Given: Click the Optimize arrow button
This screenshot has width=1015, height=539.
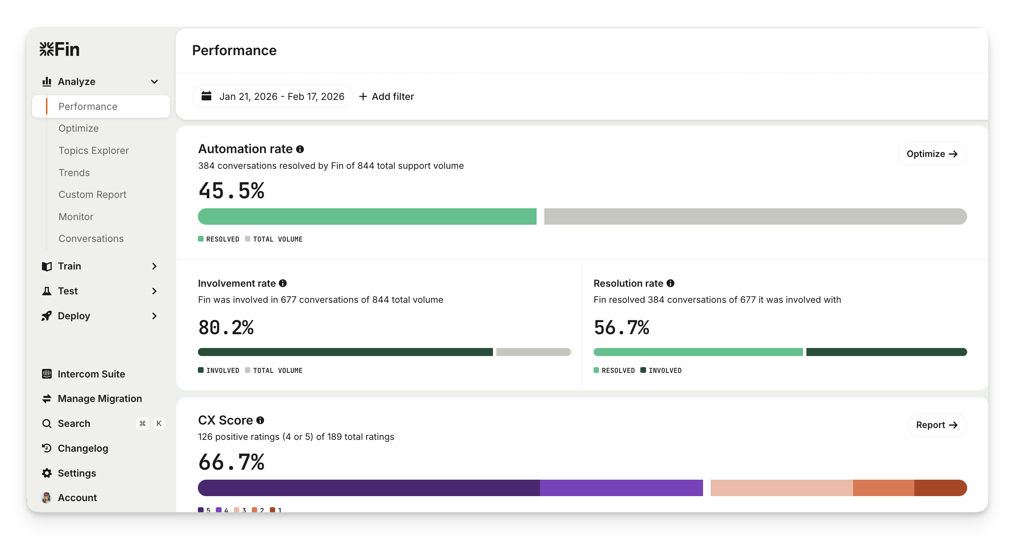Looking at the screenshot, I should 932,154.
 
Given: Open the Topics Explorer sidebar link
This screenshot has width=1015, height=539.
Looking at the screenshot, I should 93,150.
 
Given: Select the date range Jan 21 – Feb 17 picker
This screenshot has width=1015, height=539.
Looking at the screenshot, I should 273,96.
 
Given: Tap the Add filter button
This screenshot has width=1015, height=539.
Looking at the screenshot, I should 387,96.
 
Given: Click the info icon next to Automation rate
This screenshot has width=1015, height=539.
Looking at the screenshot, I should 300,149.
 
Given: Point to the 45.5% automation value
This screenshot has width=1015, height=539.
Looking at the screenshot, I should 231,191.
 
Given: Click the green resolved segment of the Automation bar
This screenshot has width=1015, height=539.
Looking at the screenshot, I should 367,217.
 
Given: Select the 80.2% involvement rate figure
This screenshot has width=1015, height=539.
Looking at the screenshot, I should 226,327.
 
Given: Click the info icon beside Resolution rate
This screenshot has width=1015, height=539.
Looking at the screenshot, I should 670,283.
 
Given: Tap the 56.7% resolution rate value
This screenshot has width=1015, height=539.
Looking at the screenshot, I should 622,327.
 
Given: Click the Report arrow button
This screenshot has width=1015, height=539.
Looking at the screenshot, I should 937,425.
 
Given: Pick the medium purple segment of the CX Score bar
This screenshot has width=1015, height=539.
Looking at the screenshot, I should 621,488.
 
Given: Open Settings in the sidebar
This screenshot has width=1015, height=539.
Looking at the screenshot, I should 77,473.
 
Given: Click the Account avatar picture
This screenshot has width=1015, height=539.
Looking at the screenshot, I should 46,498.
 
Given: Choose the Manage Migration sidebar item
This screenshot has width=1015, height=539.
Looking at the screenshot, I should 100,399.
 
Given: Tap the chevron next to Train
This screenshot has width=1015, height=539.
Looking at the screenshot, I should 155,266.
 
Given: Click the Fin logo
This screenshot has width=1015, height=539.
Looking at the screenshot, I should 59,49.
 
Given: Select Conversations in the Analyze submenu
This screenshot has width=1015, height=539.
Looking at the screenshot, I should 91,239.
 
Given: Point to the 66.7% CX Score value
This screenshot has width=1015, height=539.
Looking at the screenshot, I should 231,462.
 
